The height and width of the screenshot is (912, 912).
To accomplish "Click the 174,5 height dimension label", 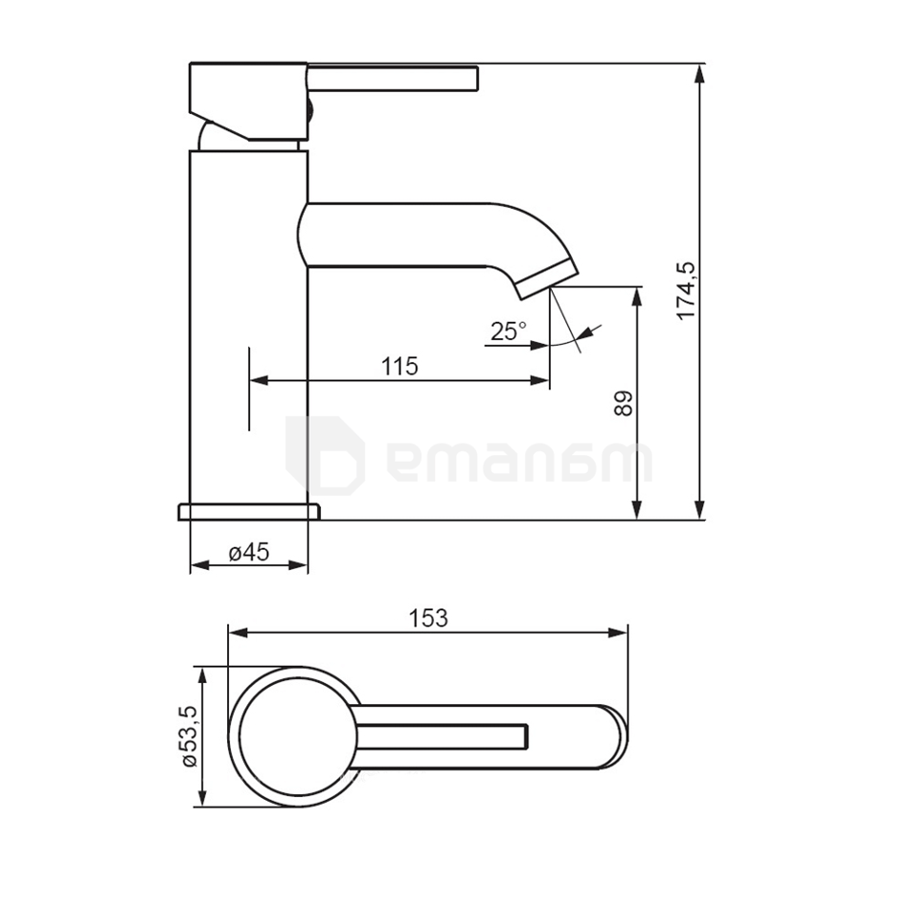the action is coord(686,291).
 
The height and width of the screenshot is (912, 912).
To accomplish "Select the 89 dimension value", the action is coord(623,403).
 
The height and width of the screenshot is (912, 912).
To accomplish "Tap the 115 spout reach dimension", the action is coord(400,367).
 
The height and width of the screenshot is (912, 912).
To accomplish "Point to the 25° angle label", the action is coord(508,332).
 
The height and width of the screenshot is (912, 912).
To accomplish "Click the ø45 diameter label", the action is coord(249,552).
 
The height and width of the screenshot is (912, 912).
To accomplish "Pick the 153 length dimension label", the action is coord(428,617).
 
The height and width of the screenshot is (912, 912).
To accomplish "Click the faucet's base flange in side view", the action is coord(249,512).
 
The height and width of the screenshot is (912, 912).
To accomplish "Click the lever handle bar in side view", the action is coord(392,79).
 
